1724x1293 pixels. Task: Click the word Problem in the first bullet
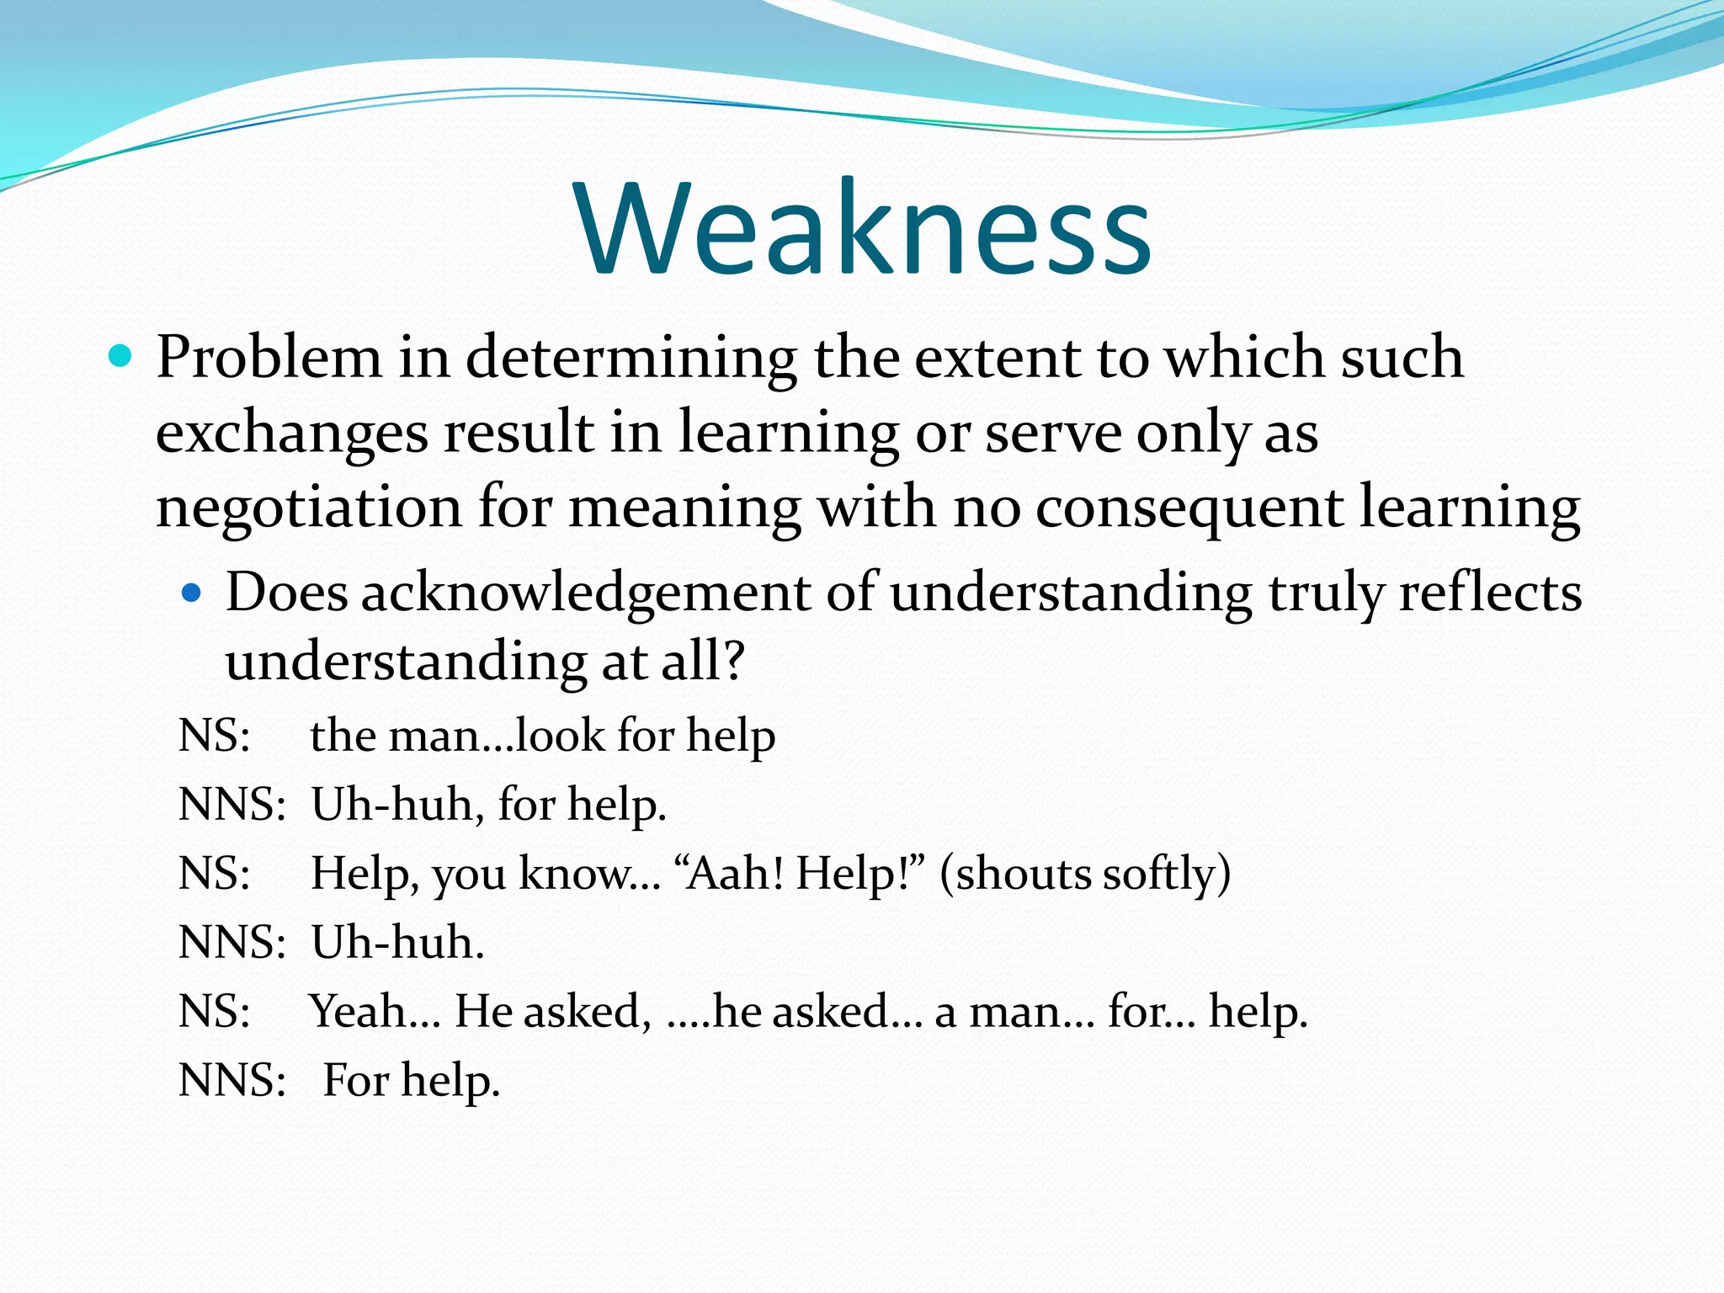tap(269, 358)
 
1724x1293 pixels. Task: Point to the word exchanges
tap(291, 434)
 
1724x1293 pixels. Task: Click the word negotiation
tap(308, 508)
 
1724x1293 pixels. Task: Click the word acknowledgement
tap(585, 593)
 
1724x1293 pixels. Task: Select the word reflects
tap(1490, 593)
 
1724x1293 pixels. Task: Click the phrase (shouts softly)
tap(1085, 873)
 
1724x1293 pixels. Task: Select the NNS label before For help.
tap(231, 1080)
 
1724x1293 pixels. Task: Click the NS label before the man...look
tap(214, 735)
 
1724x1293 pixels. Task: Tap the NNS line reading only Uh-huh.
tap(397, 942)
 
